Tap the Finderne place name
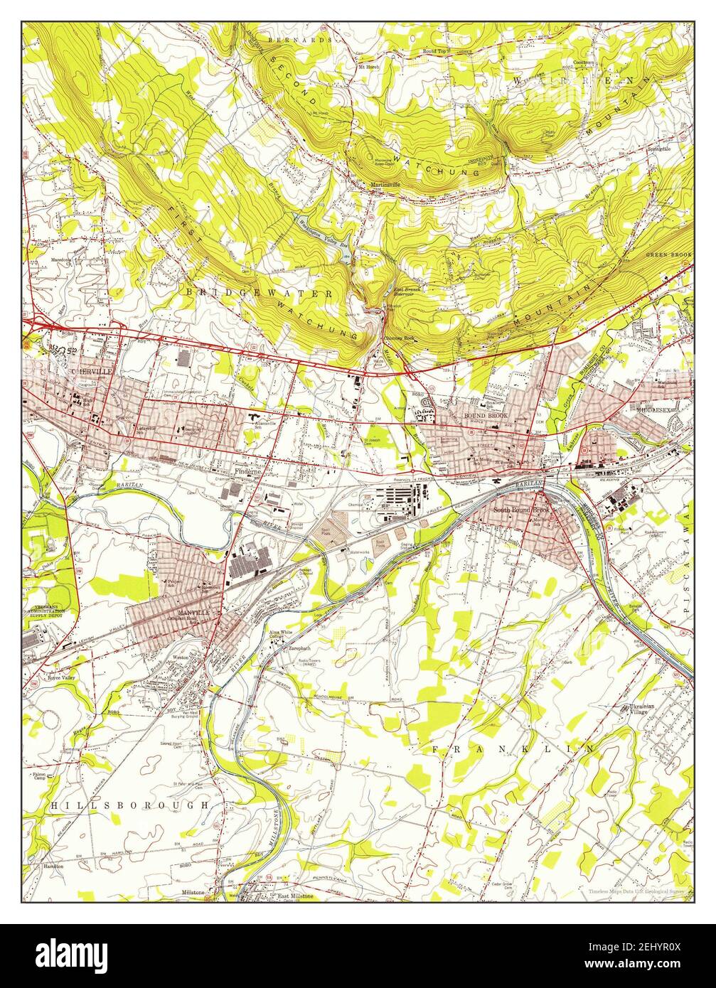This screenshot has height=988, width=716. click(x=250, y=471)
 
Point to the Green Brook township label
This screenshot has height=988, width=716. click(x=668, y=254)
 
